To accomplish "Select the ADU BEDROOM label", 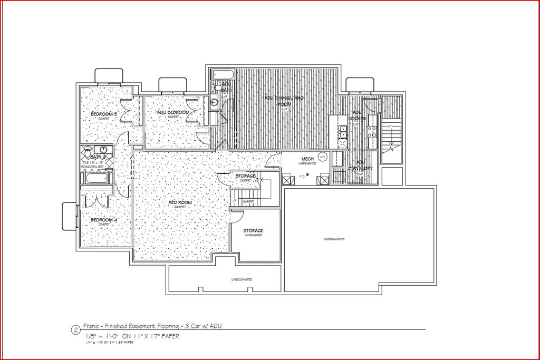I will tap(173, 112).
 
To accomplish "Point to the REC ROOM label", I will tap(180, 202).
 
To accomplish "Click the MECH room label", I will tap(307, 159).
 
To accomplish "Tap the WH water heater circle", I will tap(323, 157).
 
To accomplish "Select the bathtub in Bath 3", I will tap(96, 179).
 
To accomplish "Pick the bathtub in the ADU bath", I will tap(220, 74).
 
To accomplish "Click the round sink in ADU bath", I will tap(214, 103).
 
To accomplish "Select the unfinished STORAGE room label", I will tap(253, 231).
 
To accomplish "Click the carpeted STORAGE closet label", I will tap(246, 176).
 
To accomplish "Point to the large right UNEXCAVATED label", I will tap(334, 239).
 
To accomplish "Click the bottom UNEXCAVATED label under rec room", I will tap(242, 279).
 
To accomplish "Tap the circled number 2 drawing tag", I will tap(75, 330).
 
